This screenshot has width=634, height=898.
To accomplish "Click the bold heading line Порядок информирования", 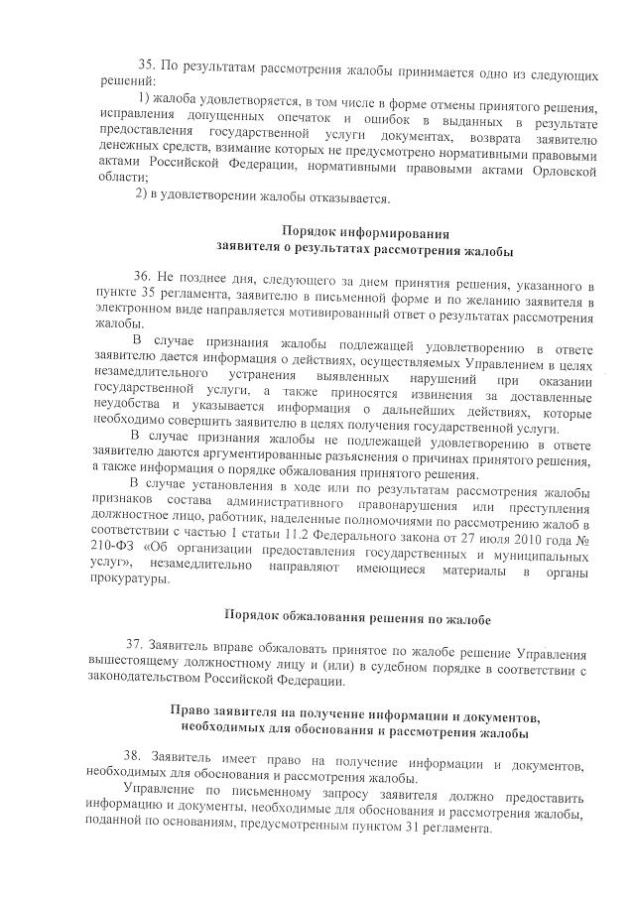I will (353, 231).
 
